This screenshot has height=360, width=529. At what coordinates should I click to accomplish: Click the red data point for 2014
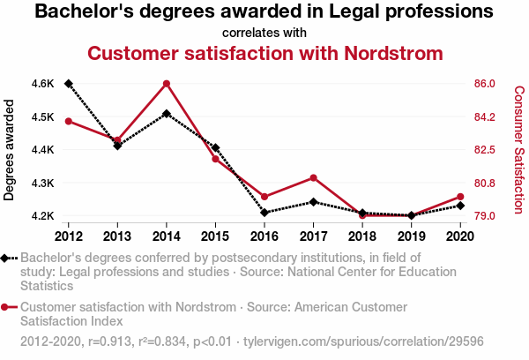pyautogui.click(x=167, y=84)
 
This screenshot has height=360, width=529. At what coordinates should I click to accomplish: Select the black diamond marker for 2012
pyautogui.click(x=69, y=84)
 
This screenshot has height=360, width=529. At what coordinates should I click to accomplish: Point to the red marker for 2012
pyautogui.click(x=69, y=121)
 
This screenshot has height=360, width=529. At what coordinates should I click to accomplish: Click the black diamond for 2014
pyautogui.click(x=167, y=114)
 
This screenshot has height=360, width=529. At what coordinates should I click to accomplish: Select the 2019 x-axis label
pyautogui.click(x=411, y=236)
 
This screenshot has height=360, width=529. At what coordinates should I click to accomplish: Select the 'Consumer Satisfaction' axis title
pyautogui.click(x=518, y=150)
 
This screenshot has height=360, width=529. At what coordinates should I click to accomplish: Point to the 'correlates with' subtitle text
pyautogui.click(x=264, y=33)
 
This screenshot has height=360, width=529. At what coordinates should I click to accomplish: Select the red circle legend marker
pyautogui.click(x=8, y=307)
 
